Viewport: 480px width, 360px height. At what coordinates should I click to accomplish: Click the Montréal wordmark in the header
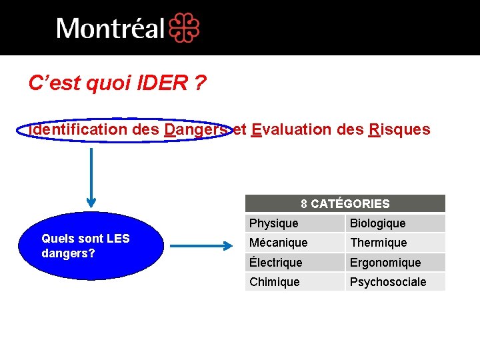(x=110, y=29)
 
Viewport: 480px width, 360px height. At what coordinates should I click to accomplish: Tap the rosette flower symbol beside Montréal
(x=184, y=29)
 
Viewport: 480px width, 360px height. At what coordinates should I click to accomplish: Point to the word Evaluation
(x=292, y=129)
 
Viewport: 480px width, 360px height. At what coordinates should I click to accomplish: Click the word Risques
(x=399, y=129)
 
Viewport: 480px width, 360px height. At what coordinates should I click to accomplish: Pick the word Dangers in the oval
(x=195, y=129)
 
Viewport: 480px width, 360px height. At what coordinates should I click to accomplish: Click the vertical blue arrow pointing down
(x=91, y=177)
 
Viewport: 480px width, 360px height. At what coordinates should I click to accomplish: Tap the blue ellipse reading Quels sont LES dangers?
(x=91, y=246)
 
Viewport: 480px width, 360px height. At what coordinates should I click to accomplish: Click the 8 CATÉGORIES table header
(x=345, y=203)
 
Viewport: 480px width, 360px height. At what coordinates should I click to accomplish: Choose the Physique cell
(x=295, y=223)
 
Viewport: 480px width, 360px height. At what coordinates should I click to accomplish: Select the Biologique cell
(x=395, y=223)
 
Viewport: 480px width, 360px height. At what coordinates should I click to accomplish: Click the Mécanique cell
(x=295, y=243)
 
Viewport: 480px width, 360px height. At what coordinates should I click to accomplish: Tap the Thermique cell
(x=395, y=243)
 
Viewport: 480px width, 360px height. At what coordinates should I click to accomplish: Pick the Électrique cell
(x=295, y=263)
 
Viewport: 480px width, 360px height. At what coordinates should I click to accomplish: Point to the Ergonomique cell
(x=395, y=263)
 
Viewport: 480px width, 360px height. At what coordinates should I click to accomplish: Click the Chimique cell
(x=295, y=282)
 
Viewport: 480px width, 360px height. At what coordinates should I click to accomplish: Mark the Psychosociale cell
(x=395, y=282)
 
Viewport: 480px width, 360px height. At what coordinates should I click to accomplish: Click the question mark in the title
(x=200, y=83)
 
